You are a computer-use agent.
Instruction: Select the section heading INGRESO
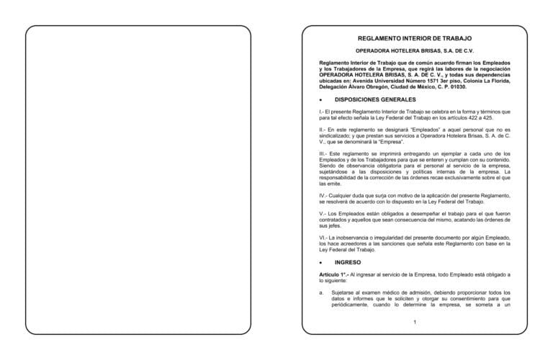tap(348, 263)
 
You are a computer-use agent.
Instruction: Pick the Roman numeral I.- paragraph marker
tap(322, 112)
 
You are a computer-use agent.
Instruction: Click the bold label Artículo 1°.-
tap(335, 275)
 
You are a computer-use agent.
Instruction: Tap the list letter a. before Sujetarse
tap(321, 293)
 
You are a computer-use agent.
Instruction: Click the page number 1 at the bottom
tap(415, 321)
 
